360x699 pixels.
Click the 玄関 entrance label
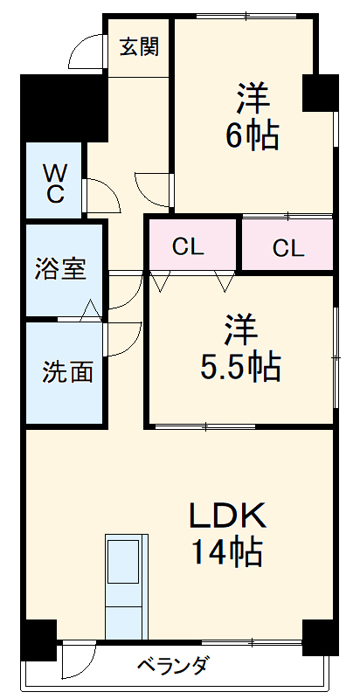[139, 47]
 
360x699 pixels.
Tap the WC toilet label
[54, 182]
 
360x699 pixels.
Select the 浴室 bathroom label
[61, 269]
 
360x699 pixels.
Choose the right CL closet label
[287, 247]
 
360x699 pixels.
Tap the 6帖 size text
[251, 135]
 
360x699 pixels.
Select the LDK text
[228, 516]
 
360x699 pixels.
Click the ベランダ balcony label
[172, 667]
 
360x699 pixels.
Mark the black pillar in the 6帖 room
[319, 93]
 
